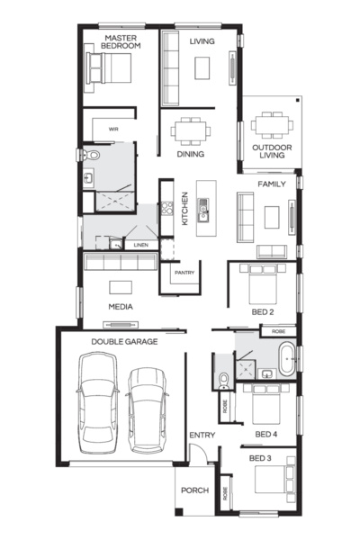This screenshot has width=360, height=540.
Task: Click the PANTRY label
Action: (x=184, y=272)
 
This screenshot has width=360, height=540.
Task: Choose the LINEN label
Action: (x=140, y=245)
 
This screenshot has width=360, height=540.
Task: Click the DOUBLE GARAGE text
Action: (x=124, y=342)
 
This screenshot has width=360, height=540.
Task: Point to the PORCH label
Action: (x=194, y=490)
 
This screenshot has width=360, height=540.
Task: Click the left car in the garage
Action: (x=98, y=401)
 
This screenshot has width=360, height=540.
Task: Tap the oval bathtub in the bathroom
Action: (x=287, y=359)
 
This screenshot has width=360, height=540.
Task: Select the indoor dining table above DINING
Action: (x=190, y=131)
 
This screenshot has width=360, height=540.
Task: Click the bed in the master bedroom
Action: (x=108, y=70)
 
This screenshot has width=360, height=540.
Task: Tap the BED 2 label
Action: (x=263, y=311)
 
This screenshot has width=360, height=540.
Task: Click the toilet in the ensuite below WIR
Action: (x=91, y=156)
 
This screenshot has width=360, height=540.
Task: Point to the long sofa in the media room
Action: (x=121, y=261)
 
